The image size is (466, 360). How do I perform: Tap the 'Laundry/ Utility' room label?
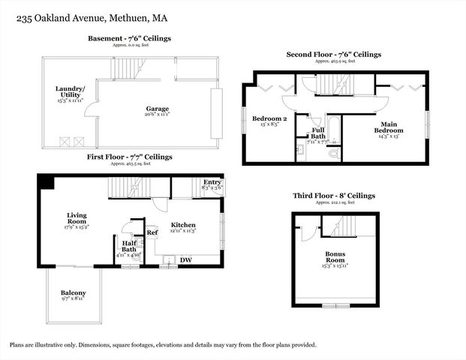[70, 92]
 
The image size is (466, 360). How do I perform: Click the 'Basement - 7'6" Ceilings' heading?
[130, 37]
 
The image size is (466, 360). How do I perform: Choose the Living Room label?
[77, 218]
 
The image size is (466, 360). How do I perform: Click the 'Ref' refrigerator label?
[152, 232]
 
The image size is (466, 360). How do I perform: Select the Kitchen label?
[184, 225]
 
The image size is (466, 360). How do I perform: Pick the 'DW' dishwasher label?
[185, 260]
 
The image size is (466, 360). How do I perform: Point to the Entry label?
[212, 182]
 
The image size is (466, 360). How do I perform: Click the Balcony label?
[74, 292]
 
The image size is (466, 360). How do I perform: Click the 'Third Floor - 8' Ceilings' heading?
[334, 196]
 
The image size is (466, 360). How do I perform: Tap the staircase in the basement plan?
[126, 69]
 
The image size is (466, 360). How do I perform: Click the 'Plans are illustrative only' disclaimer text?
[163, 345]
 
